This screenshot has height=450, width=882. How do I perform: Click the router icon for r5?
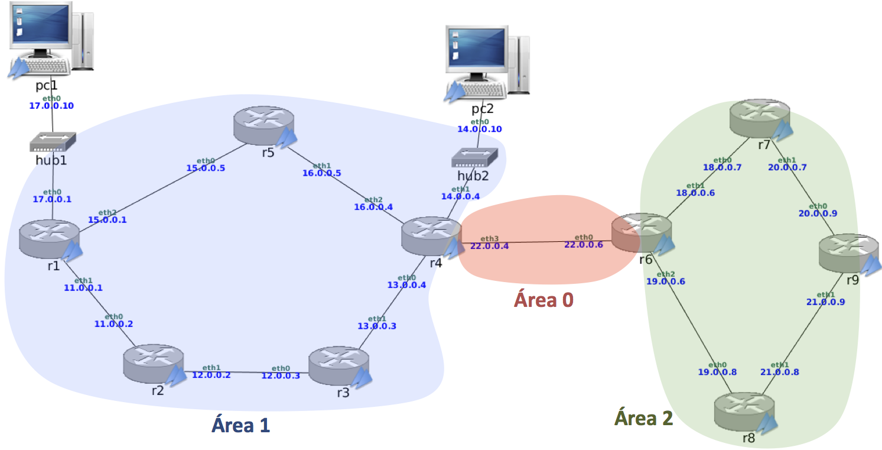262,124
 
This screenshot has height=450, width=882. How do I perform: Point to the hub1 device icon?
53,141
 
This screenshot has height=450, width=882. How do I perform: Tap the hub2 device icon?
476,157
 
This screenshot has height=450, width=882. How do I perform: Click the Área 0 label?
543,300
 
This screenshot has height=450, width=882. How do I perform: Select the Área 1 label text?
241,425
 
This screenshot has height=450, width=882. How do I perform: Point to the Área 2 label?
644,418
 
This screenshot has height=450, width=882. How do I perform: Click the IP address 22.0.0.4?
489,246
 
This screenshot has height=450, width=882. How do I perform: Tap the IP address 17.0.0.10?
51,106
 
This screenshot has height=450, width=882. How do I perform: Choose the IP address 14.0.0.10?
480,129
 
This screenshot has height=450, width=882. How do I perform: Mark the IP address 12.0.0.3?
281,376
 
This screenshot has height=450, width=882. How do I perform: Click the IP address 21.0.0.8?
780,372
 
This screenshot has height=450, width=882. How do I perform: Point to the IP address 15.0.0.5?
206,168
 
